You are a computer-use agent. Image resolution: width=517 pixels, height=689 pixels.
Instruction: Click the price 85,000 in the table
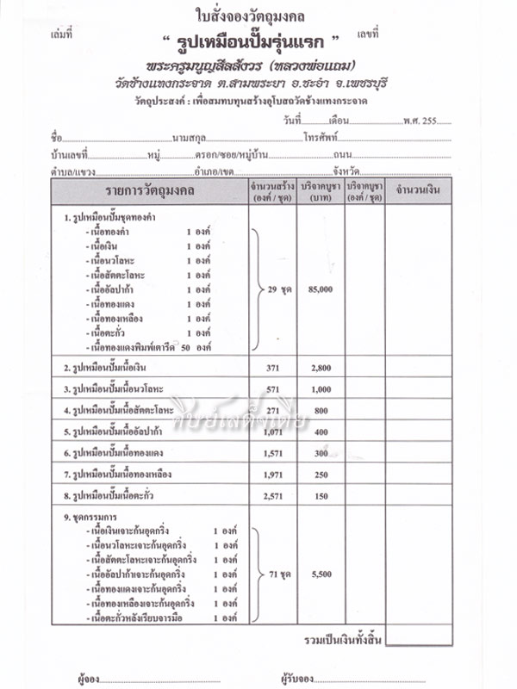(x=319, y=290)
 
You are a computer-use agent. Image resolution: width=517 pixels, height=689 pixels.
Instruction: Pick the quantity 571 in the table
(x=273, y=388)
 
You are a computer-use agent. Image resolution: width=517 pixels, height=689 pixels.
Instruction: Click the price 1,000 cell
(x=320, y=388)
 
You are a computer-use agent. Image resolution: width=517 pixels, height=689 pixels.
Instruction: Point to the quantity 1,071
(x=273, y=431)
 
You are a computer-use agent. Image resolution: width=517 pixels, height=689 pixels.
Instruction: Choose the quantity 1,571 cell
(x=273, y=452)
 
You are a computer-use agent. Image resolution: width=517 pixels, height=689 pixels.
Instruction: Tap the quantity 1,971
(x=273, y=474)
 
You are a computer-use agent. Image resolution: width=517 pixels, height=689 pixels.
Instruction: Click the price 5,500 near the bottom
(x=320, y=572)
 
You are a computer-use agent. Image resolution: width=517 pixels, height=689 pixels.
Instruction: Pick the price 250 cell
(x=321, y=474)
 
